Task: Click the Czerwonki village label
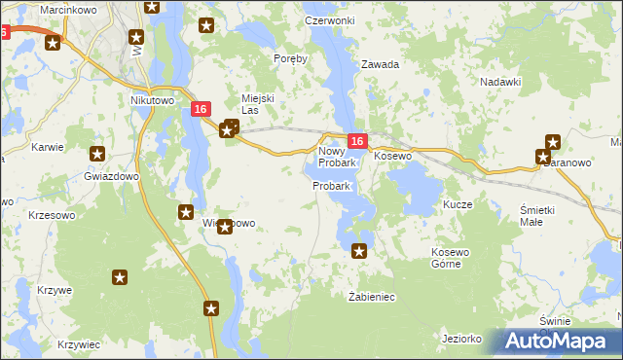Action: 329,20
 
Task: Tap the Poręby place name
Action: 291,58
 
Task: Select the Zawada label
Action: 381,64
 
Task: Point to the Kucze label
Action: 458,205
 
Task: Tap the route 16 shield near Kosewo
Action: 357,142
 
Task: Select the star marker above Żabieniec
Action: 359,251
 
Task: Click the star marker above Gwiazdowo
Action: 97,153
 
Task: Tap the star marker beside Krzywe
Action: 120,278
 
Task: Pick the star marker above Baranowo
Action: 553,141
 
